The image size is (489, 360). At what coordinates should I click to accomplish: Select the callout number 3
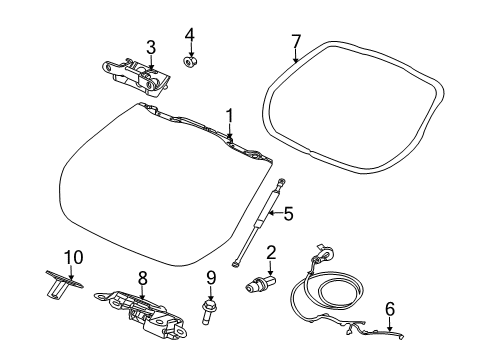click(150, 46)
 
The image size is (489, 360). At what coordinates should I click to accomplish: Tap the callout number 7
click(295, 42)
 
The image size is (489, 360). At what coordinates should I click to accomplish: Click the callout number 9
click(211, 278)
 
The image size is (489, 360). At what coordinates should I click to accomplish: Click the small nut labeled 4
click(188, 62)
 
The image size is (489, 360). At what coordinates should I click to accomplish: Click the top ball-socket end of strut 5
click(283, 183)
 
